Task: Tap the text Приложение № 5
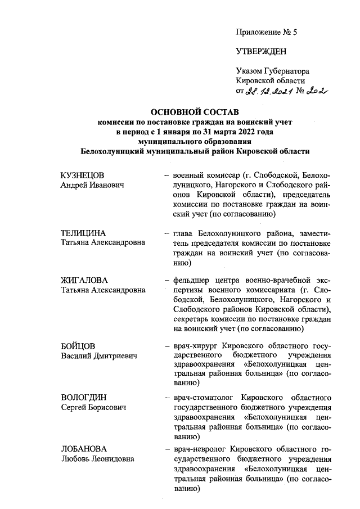point(266,32)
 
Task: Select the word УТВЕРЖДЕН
point(261,52)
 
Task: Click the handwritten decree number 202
point(318,91)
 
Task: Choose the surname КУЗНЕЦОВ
point(83,175)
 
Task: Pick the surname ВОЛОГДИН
point(84,398)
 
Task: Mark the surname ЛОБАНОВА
point(83,449)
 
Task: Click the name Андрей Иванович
point(92,185)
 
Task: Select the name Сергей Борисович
point(93,408)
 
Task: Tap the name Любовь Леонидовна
point(97,460)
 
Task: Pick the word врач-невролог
point(200,449)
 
